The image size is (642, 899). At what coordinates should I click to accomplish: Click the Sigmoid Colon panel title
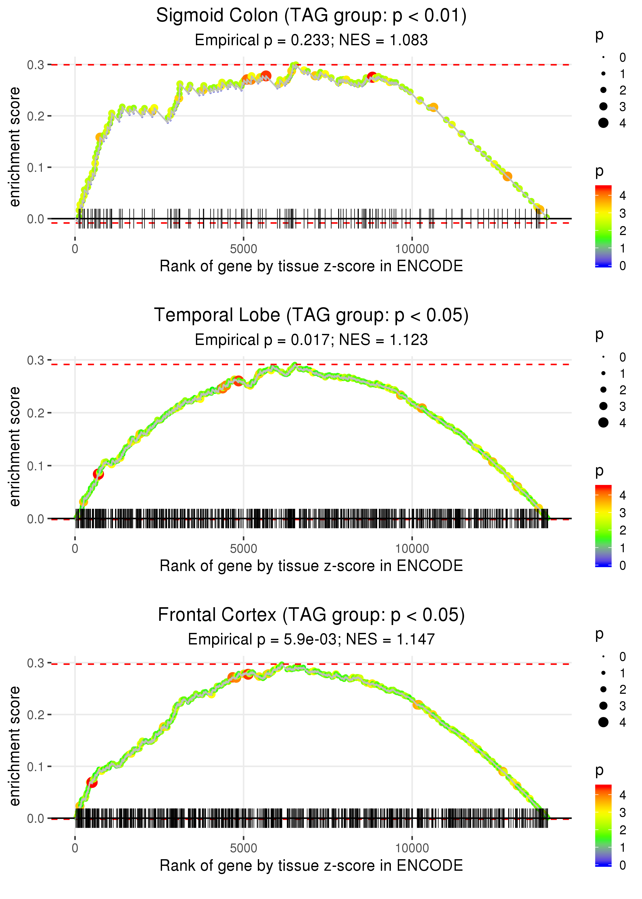click(x=311, y=16)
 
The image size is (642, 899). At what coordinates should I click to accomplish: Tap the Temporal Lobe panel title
click(x=311, y=315)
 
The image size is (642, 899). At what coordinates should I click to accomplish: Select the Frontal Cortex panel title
click(x=311, y=615)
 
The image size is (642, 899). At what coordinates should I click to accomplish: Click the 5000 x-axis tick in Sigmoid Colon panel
click(x=243, y=249)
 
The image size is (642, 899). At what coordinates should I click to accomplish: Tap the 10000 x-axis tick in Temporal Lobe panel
click(x=412, y=549)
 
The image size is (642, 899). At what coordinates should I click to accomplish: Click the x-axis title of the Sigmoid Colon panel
click(x=311, y=266)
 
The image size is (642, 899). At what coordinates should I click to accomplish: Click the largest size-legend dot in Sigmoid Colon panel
click(x=603, y=123)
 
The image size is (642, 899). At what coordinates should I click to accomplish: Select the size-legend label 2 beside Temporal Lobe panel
click(x=623, y=390)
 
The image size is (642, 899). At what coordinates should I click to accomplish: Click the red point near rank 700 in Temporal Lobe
click(x=98, y=474)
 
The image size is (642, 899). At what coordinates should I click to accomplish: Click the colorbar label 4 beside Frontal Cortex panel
click(x=623, y=795)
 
